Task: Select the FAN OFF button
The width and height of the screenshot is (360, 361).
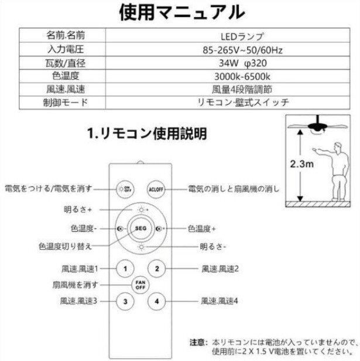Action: click(x=140, y=285)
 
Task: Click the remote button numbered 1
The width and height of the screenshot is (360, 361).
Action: click(x=124, y=269)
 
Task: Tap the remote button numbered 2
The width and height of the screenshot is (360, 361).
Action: click(x=157, y=269)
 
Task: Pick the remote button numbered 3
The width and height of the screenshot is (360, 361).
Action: click(x=124, y=302)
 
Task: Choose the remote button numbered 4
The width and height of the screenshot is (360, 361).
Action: click(x=157, y=302)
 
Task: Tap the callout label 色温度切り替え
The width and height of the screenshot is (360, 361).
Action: click(x=64, y=247)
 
